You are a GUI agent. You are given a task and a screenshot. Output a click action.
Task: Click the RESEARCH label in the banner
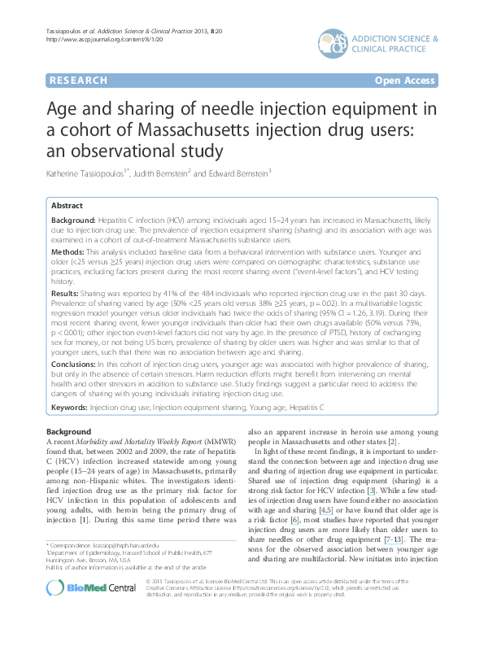[79, 81]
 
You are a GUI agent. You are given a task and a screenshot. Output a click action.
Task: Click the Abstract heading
[68, 207]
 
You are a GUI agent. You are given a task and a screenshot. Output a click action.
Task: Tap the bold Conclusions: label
[75, 367]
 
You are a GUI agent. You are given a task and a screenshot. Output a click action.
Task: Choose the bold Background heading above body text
[69, 430]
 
